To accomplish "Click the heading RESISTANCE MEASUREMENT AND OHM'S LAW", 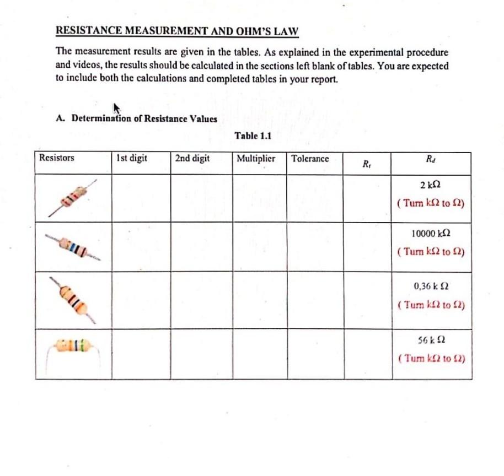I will pos(176,31).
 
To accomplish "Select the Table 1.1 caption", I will pos(253,136).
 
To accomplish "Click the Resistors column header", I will pos(57,158).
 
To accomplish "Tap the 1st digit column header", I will pos(132,158).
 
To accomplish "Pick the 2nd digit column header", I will pos(192,158).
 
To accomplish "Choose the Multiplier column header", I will pos(256,158).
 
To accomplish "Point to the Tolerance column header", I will pos(310,158).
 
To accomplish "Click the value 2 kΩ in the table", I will pos(430,185).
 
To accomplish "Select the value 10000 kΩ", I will pos(430,234).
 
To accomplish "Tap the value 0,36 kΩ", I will pos(430,286).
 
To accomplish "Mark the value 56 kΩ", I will pos(430,339).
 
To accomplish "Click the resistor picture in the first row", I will pos(72,197).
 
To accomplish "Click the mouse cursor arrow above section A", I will pos(116,107).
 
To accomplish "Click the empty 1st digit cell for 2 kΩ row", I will pos(141,198).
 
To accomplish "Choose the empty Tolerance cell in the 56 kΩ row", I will pos(315,354).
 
